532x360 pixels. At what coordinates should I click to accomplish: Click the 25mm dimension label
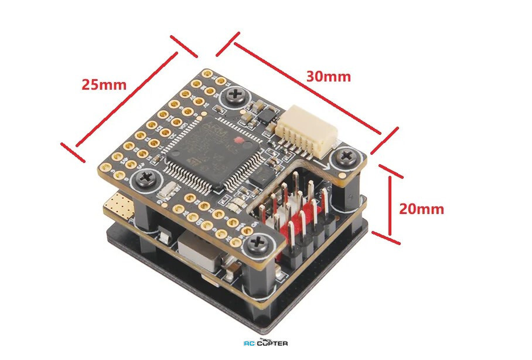[x=104, y=84]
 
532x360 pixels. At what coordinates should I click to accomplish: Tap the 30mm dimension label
[x=328, y=76]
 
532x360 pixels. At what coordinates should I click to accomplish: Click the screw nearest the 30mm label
[x=237, y=94]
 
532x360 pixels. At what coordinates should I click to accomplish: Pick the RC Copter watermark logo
[x=265, y=343]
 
